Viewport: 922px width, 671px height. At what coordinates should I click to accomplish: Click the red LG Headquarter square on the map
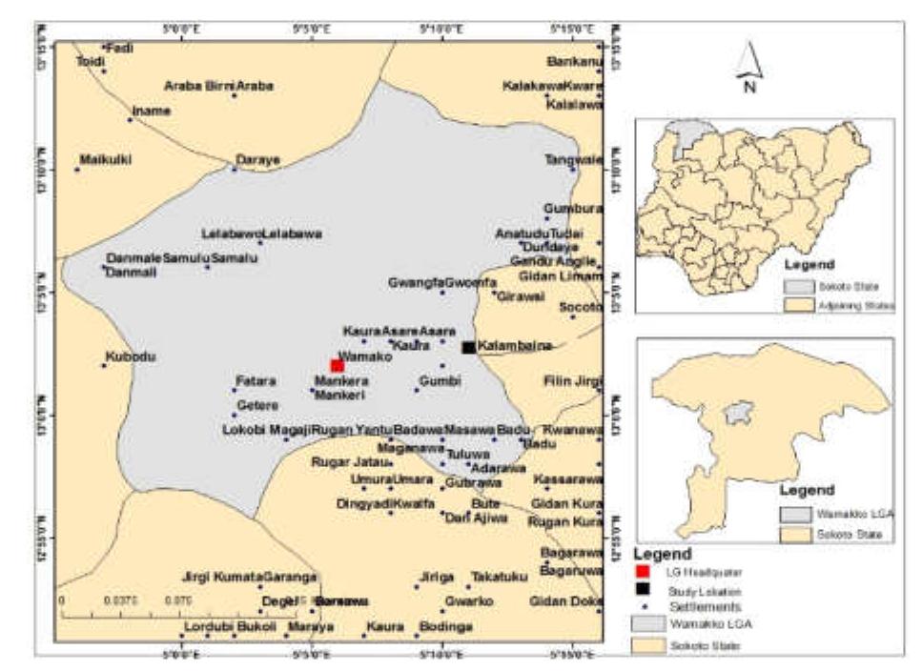point(337,365)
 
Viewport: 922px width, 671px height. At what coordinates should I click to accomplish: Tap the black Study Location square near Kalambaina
point(467,347)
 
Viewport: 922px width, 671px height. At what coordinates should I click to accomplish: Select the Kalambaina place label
point(515,347)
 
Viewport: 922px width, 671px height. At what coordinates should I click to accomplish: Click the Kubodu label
point(128,358)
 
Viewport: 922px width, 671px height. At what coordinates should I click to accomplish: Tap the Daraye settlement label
point(257,159)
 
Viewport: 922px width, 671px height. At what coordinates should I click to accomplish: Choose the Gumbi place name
point(441,380)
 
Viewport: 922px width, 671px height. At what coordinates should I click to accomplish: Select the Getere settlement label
point(256,405)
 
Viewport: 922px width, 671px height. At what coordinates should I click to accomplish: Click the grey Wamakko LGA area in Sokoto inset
point(735,415)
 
